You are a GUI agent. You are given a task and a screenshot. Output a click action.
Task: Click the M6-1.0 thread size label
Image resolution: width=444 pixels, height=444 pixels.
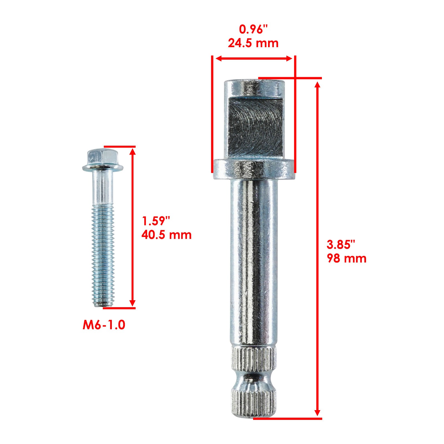pos(104,325)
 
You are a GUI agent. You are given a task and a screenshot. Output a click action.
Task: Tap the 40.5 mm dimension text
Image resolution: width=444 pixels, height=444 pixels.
pos(167,235)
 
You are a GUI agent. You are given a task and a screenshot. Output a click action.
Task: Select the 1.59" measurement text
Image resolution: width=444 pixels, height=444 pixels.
pos(156,221)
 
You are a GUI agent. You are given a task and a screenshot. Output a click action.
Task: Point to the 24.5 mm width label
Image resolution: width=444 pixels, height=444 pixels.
pos(253,43)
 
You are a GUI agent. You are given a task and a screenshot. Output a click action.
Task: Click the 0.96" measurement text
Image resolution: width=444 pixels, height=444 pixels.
pos(254,29)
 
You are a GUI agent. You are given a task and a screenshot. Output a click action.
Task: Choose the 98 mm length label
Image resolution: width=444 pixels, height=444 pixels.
pos(347,258)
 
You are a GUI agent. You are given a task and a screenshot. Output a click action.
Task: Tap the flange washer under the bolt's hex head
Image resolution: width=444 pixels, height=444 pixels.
pos(103,167)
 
